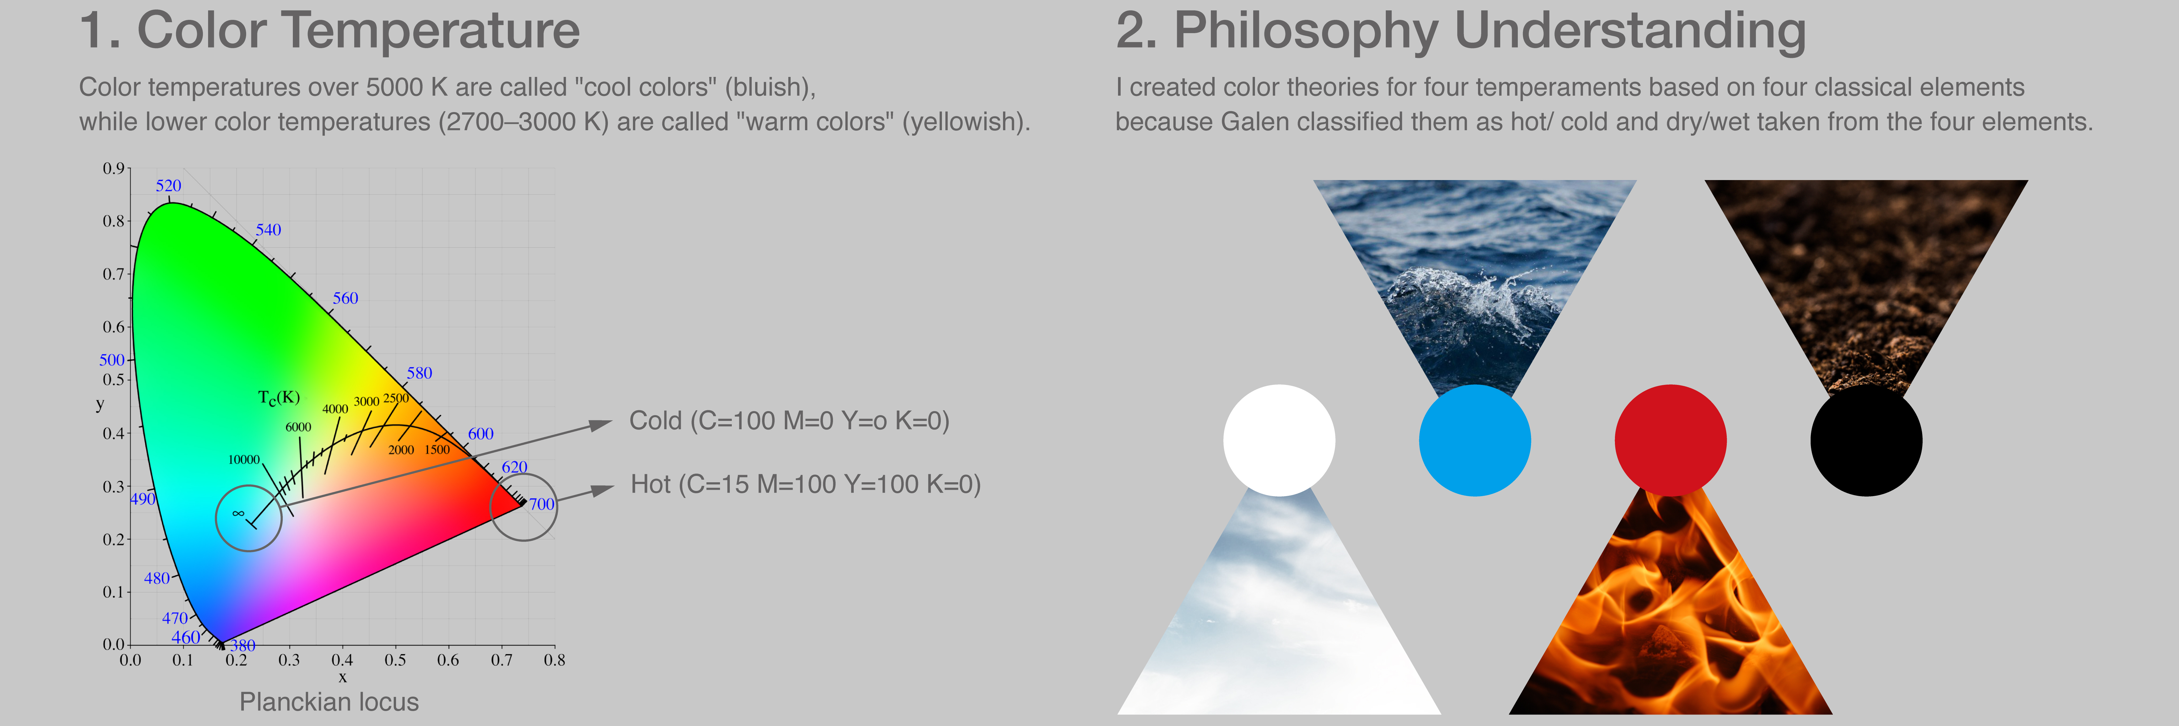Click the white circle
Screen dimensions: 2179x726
[1279, 440]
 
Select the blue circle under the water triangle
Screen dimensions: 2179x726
[1474, 440]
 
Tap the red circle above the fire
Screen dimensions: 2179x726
[1671, 440]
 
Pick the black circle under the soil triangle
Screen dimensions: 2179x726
[1866, 440]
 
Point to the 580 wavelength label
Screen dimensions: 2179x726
[420, 373]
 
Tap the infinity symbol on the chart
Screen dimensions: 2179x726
[239, 513]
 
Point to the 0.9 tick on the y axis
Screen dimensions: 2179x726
[113, 168]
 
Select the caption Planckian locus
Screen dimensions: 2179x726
[329, 702]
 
